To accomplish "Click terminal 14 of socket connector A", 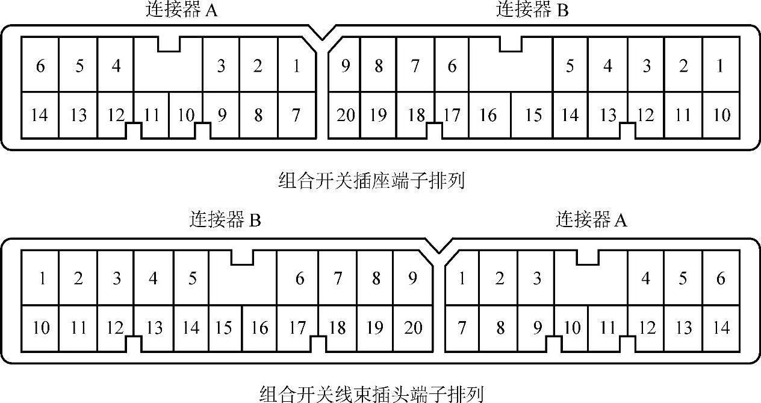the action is click(40, 114).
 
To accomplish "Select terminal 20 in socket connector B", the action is click(346, 114).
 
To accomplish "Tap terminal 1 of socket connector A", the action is click(296, 66).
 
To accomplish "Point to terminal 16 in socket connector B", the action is click(488, 114).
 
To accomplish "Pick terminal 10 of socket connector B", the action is click(721, 114).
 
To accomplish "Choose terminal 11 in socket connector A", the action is click(152, 114).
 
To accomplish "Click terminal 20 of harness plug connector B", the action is click(413, 328).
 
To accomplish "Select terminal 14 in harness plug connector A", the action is click(721, 328).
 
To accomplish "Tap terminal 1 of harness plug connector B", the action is click(42, 278).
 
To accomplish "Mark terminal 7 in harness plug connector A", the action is click(462, 328).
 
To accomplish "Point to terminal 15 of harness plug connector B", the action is click(223, 328).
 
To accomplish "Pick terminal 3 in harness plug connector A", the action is click(536, 278).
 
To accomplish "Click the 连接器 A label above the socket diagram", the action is click(181, 10).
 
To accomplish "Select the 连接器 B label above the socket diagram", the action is click(532, 10).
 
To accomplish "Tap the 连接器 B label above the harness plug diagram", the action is click(225, 220).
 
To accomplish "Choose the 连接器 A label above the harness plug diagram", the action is click(591, 220).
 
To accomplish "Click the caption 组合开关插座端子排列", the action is click(372, 181).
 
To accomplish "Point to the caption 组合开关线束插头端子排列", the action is click(371, 395).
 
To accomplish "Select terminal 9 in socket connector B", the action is click(346, 66).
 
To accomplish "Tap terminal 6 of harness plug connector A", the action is click(721, 278).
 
